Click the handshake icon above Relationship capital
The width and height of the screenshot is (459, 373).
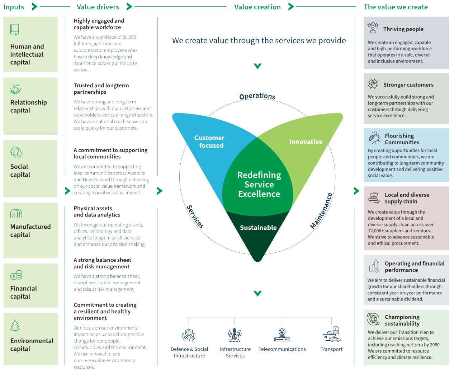click(x=16, y=89)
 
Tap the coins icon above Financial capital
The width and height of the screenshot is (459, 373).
click(x=16, y=275)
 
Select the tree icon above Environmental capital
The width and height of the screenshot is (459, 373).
click(x=15, y=326)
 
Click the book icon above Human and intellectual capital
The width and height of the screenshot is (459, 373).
click(x=15, y=29)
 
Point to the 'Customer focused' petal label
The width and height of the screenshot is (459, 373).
click(x=210, y=142)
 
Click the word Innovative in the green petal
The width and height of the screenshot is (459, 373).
click(x=306, y=142)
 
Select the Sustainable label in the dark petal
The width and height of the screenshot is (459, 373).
click(x=258, y=228)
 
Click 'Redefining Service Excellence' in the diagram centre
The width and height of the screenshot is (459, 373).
click(x=259, y=185)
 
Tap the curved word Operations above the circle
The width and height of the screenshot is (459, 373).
click(x=257, y=96)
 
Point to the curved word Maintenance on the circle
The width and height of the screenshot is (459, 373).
click(x=321, y=211)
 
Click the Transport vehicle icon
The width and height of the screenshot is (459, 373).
click(x=331, y=334)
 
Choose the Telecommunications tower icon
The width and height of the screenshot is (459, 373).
click(x=282, y=335)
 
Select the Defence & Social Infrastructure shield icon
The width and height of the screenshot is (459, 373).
click(x=189, y=335)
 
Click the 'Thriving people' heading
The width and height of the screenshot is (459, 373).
click(x=403, y=29)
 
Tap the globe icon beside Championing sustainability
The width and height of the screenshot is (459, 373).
click(x=373, y=319)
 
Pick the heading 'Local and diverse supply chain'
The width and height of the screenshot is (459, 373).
click(x=407, y=198)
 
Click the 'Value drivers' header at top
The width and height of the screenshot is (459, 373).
click(x=98, y=7)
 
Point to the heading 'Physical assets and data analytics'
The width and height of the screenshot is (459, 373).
click(x=97, y=211)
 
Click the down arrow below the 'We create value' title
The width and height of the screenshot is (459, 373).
click(x=257, y=66)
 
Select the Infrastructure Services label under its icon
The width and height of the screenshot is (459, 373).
click(x=235, y=352)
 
